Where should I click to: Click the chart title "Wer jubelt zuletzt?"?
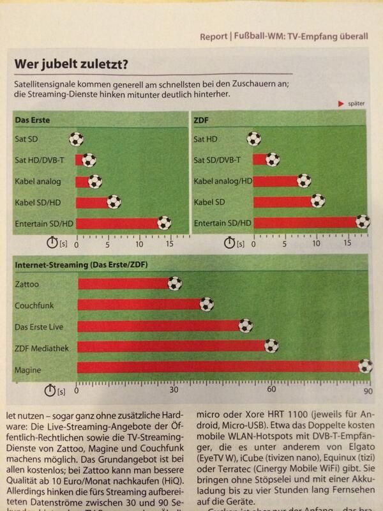pos(67,65)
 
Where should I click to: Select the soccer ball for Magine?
pos(365,366)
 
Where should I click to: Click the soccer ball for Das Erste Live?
pos(245,325)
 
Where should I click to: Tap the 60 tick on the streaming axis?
pos(271,389)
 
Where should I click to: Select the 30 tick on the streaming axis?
pos(174,389)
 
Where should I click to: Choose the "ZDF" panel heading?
pos(201,119)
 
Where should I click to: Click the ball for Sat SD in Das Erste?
pos(77,139)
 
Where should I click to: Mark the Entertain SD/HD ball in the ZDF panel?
pos(363,222)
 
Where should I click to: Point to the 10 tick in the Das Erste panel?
pos(138,243)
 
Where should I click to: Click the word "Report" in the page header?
pos(214,36)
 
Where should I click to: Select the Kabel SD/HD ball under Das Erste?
pos(114,202)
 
